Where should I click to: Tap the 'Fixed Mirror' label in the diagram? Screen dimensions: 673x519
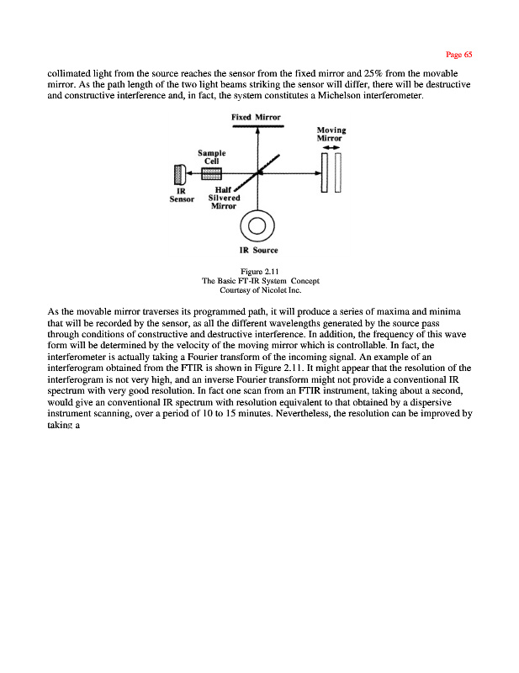tap(256, 117)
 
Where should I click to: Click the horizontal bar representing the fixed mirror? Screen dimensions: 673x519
tap(257, 126)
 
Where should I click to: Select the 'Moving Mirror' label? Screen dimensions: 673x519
tap(331, 134)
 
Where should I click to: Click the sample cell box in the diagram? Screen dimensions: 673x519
tap(211, 172)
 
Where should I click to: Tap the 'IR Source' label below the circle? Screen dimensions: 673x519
tap(258, 250)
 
